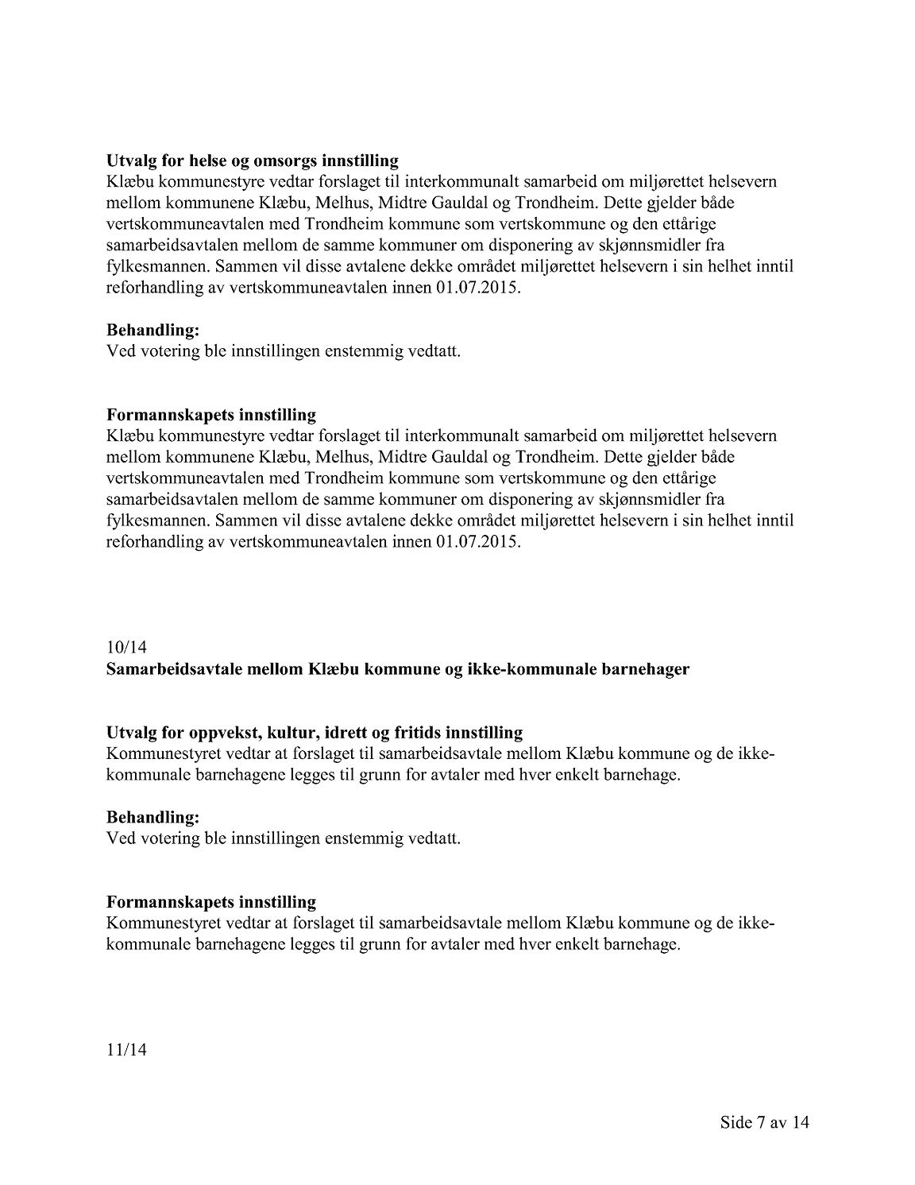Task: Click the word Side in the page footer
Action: click(x=736, y=1123)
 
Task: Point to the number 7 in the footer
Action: click(x=764, y=1123)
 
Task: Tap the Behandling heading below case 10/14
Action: click(x=152, y=817)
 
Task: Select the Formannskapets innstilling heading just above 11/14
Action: click(x=211, y=902)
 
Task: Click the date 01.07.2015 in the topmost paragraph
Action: click(x=478, y=289)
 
